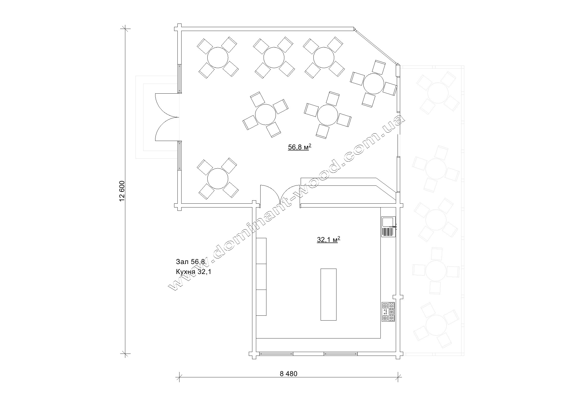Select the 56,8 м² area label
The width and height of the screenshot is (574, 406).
point(299,147)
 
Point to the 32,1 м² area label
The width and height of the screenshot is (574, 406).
point(328,239)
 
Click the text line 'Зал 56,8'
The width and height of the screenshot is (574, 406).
point(190,261)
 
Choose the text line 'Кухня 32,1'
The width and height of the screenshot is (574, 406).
point(194,271)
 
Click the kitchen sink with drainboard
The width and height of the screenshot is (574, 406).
point(388,227)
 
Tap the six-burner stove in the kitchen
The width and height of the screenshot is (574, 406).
point(388,312)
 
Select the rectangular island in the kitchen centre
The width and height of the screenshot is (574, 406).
point(328,294)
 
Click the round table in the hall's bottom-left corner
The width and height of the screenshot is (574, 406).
point(218,179)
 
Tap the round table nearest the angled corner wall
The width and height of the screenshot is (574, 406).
point(374,83)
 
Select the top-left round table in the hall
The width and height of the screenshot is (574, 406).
point(218,57)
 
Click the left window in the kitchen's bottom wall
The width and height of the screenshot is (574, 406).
point(276,354)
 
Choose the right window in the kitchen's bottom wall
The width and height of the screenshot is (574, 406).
point(341,354)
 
